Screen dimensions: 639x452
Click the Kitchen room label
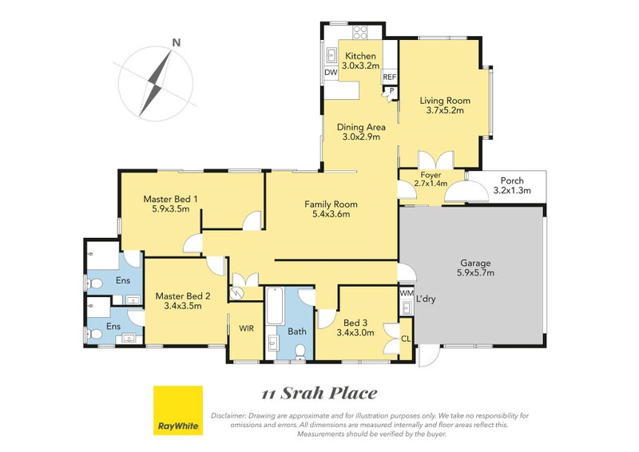(x=361, y=56)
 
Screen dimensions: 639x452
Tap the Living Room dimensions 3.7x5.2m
(x=445, y=110)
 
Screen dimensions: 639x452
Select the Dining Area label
(x=361, y=127)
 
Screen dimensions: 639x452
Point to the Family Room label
(x=331, y=204)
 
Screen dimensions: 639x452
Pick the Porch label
(x=512, y=180)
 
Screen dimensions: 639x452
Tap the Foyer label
(x=431, y=175)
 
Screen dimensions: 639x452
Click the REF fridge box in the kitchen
(x=390, y=77)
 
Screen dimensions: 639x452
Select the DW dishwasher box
(x=331, y=73)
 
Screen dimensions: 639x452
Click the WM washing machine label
(x=407, y=293)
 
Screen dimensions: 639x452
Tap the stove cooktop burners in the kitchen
(x=360, y=32)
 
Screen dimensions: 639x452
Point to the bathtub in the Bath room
(x=275, y=306)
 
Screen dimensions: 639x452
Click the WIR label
(x=246, y=328)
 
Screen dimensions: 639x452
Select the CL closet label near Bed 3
(x=406, y=339)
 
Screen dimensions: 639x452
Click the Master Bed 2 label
(x=183, y=296)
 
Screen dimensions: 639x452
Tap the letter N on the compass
(x=176, y=42)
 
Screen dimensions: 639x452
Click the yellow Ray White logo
(x=178, y=410)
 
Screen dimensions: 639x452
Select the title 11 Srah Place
(x=319, y=394)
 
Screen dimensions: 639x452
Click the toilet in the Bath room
(x=300, y=352)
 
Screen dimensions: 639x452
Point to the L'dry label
(x=426, y=299)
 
